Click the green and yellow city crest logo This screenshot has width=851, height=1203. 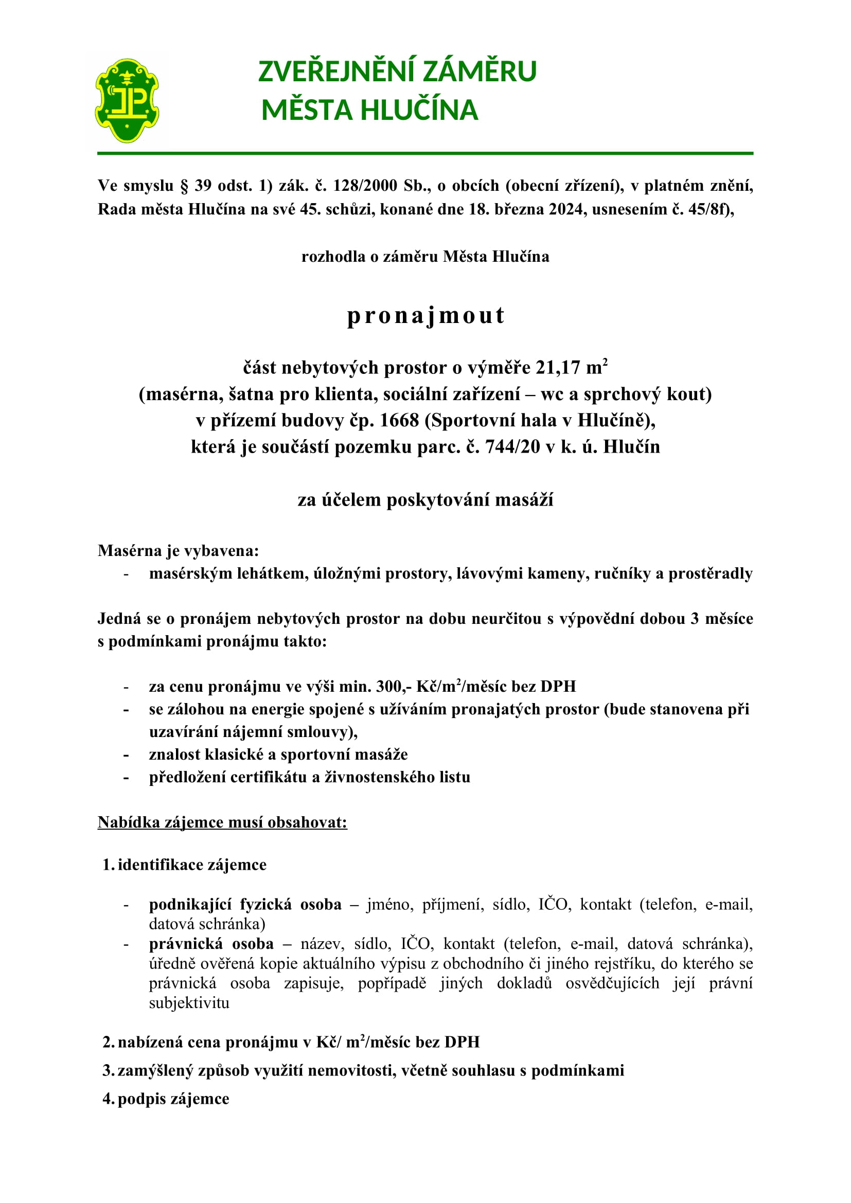(x=127, y=101)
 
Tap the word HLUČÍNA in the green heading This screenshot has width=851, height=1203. (x=419, y=110)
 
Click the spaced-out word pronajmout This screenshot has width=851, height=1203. (x=426, y=315)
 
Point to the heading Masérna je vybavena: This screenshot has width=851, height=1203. (x=178, y=551)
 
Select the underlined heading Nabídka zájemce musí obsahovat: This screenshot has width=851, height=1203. (x=222, y=822)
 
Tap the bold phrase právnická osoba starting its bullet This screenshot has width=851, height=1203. (x=211, y=944)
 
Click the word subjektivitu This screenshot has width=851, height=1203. (x=189, y=1003)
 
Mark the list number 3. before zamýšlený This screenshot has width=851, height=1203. (x=108, y=1070)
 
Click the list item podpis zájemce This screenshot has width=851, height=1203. (x=173, y=1099)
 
